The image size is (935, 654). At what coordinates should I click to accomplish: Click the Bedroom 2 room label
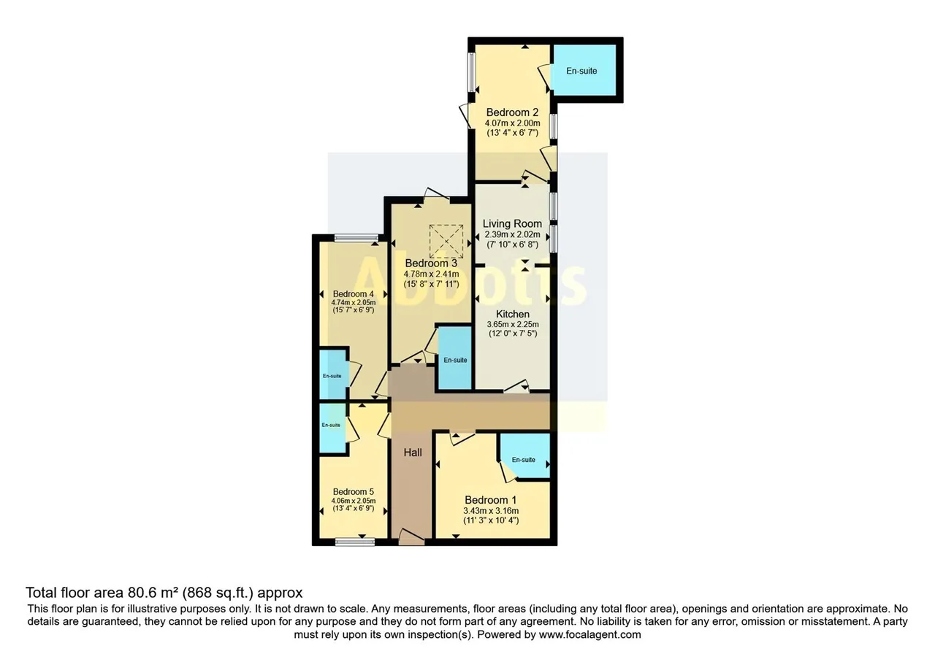click(512, 112)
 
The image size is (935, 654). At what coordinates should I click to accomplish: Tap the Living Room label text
click(512, 223)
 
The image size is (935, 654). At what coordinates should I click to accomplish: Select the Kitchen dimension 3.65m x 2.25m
click(513, 324)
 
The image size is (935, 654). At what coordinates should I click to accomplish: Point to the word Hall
click(413, 453)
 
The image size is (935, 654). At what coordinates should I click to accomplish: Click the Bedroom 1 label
click(491, 500)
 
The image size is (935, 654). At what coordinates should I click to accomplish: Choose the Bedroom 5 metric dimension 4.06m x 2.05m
click(353, 501)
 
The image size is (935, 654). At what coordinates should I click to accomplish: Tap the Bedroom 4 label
click(353, 294)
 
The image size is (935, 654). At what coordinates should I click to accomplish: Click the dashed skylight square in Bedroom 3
click(446, 241)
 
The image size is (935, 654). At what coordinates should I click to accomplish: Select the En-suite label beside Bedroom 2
click(581, 71)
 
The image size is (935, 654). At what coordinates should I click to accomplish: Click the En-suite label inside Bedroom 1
click(524, 460)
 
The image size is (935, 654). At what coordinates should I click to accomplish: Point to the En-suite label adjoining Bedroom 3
click(455, 360)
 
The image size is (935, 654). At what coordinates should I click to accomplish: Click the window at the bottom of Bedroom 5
click(355, 542)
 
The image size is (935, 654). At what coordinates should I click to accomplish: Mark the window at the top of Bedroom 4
click(356, 238)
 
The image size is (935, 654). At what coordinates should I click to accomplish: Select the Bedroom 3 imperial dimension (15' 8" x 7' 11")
click(431, 284)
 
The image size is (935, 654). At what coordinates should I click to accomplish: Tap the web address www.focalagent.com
click(589, 634)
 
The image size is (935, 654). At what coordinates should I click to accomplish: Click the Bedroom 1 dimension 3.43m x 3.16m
click(491, 510)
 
